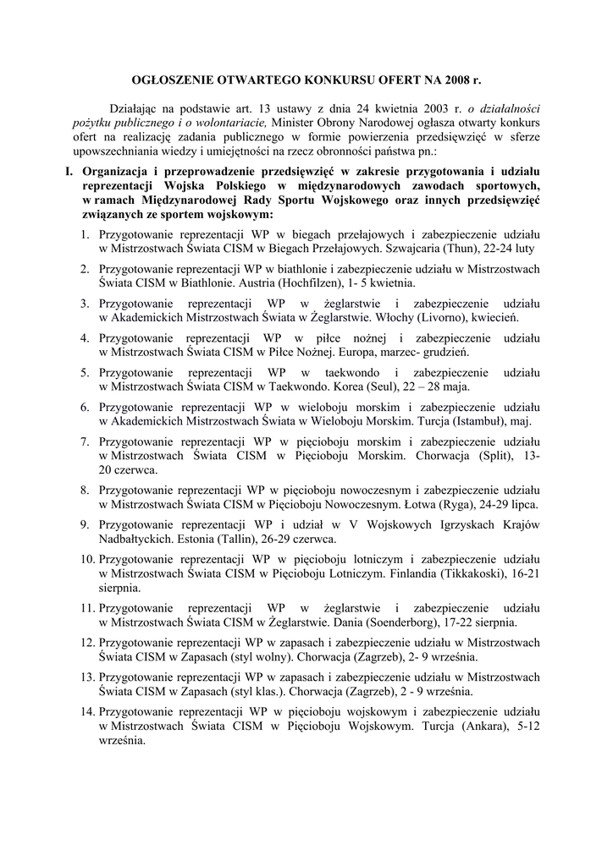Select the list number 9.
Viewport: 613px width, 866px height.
click(x=86, y=525)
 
